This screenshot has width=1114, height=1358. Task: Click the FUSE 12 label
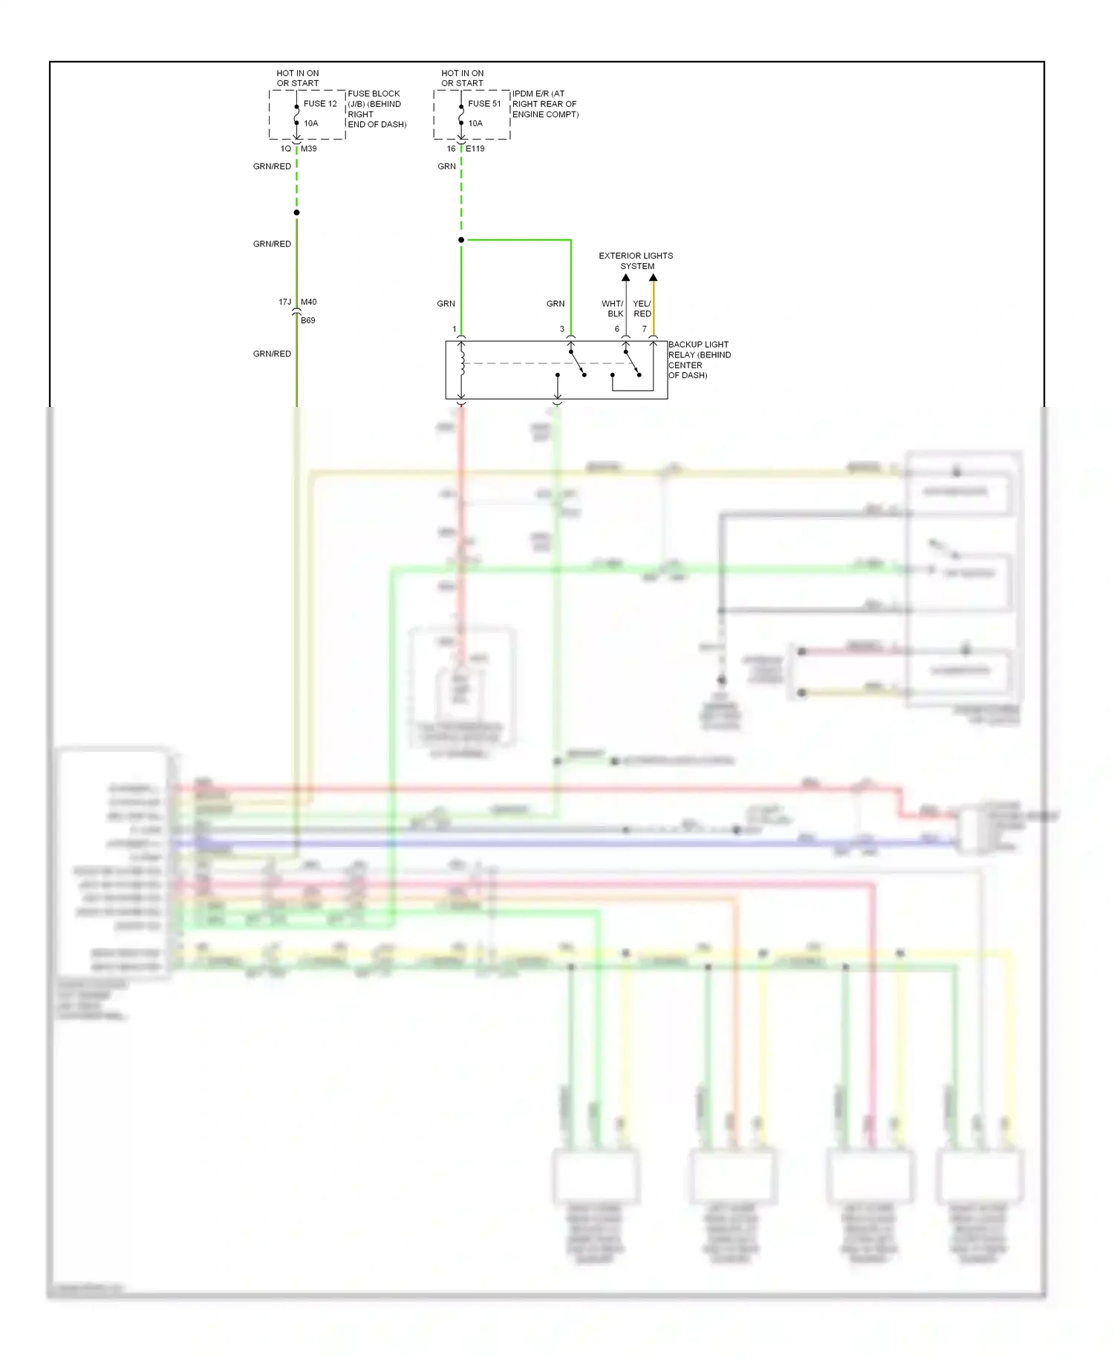pyautogui.click(x=320, y=104)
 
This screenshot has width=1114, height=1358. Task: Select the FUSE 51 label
pyautogui.click(x=484, y=104)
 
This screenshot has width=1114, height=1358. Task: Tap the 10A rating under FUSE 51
pyautogui.click(x=475, y=123)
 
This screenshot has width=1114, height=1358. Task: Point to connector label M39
pyautogui.click(x=308, y=149)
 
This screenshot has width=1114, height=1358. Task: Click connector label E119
pyautogui.click(x=475, y=149)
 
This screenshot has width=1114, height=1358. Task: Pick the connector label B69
pyautogui.click(x=307, y=321)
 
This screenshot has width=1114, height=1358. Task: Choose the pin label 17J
pyautogui.click(x=285, y=302)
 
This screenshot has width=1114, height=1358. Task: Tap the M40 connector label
pyautogui.click(x=308, y=302)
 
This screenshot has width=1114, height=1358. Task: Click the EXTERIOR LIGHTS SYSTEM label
pyautogui.click(x=636, y=261)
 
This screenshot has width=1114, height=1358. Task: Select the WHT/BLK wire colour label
pyautogui.click(x=613, y=308)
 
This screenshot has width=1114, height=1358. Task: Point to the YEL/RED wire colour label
pyautogui.click(x=642, y=308)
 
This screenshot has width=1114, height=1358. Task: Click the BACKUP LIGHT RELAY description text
pyautogui.click(x=699, y=360)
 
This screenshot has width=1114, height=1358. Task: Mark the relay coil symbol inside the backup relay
pyautogui.click(x=462, y=364)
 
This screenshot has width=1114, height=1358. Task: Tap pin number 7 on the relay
pyautogui.click(x=644, y=329)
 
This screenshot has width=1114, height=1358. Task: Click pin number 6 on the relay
pyautogui.click(x=616, y=329)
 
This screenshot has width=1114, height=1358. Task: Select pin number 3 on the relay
pyautogui.click(x=561, y=329)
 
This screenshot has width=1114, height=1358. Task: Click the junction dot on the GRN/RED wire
pyautogui.click(x=296, y=212)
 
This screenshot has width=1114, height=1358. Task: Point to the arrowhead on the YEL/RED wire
pyautogui.click(x=653, y=279)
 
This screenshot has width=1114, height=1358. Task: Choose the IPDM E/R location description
pyautogui.click(x=545, y=104)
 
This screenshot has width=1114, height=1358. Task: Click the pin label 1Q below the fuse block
pyautogui.click(x=285, y=149)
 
